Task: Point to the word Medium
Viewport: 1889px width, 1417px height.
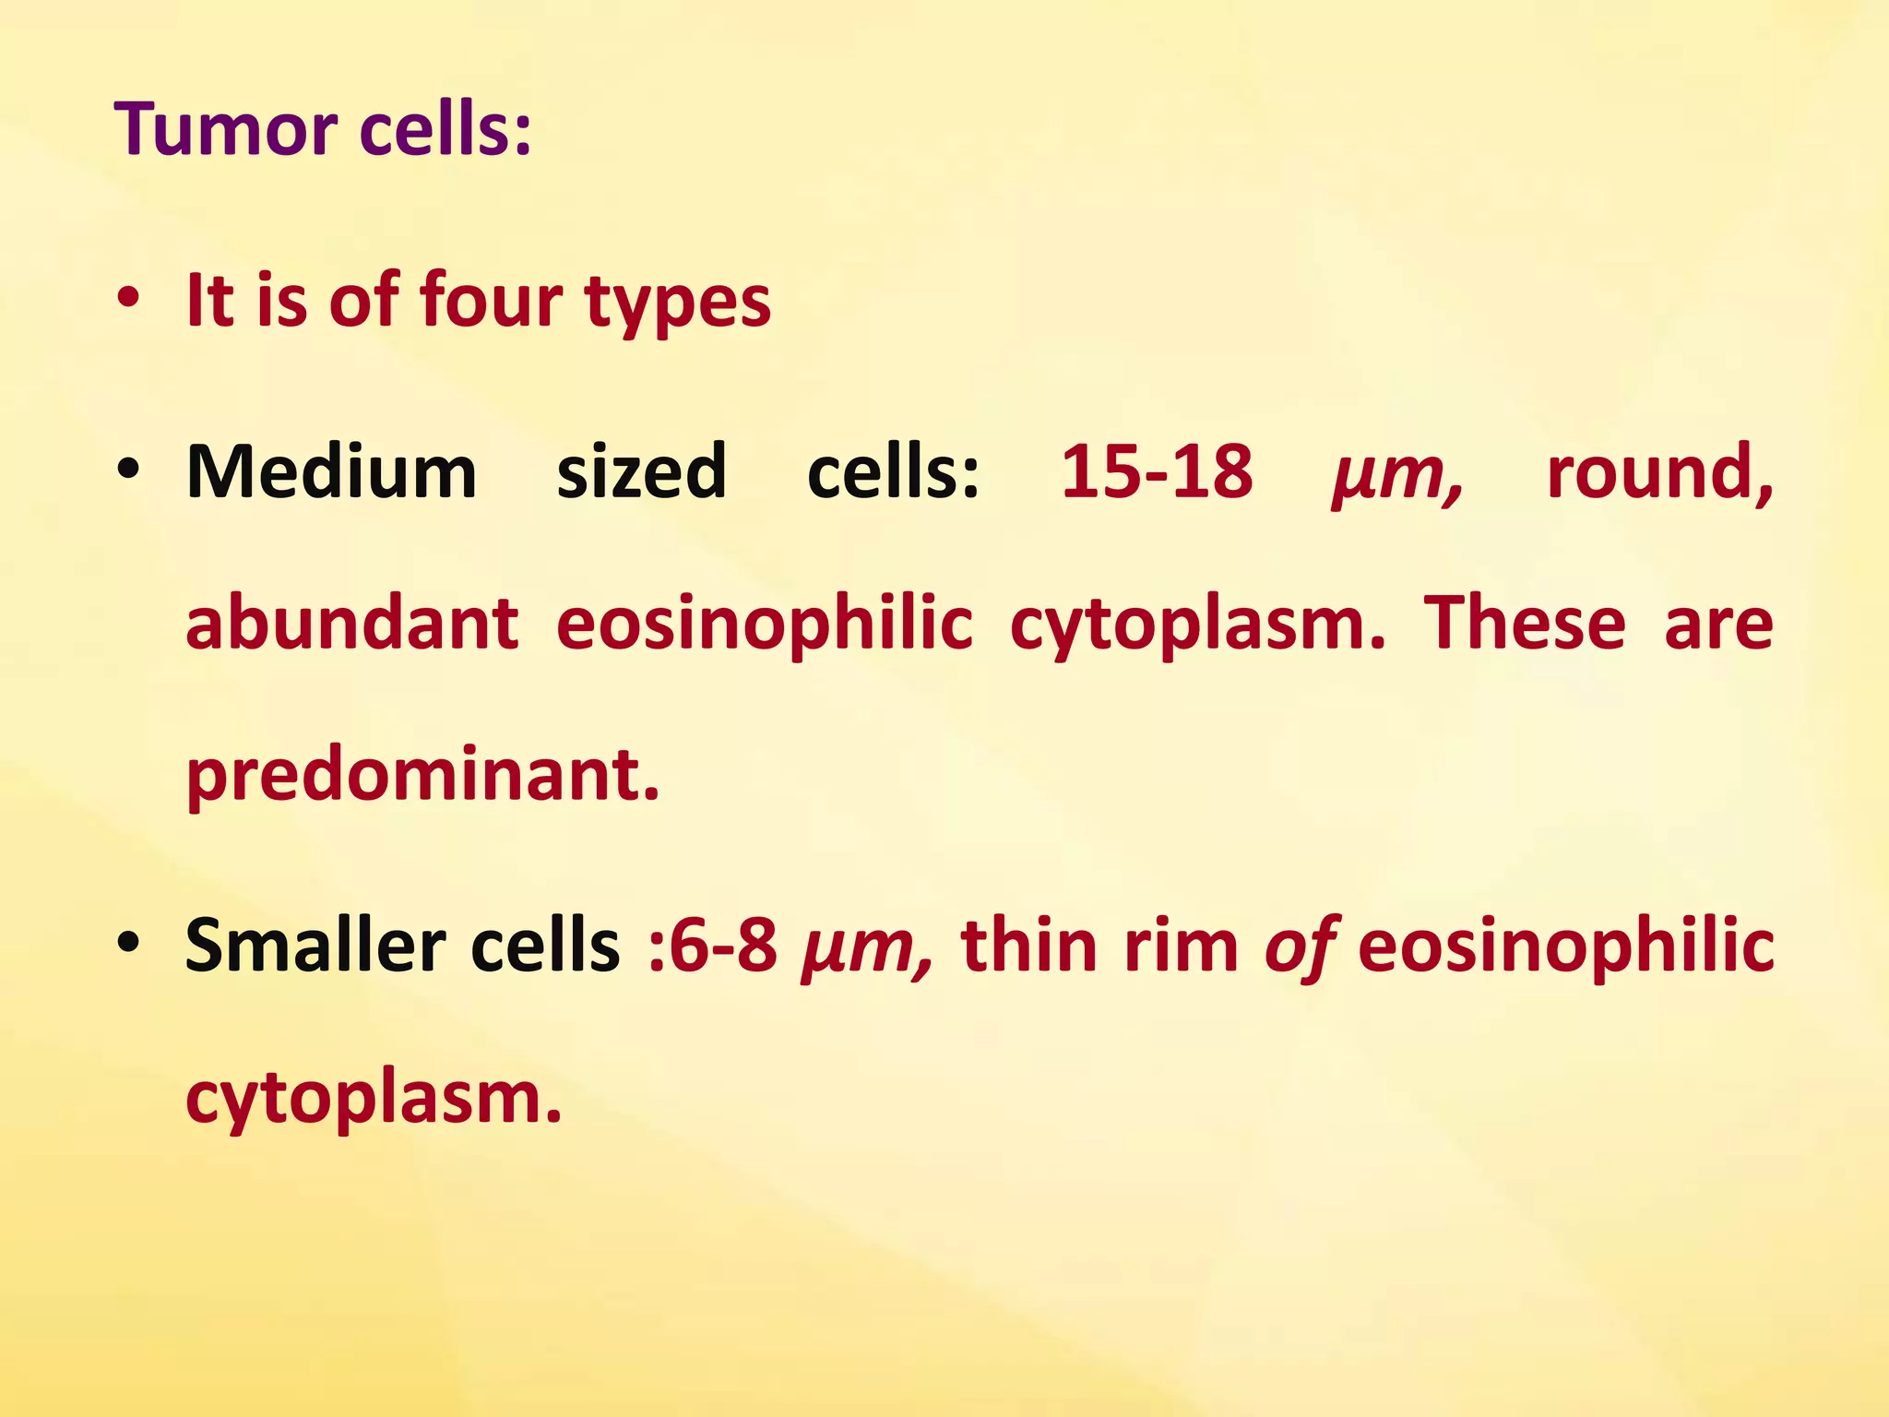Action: tap(332, 471)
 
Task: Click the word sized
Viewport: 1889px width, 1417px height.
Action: tap(642, 471)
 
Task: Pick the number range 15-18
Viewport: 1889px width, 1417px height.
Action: tap(1157, 471)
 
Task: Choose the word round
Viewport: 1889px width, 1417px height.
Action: tap(1659, 471)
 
